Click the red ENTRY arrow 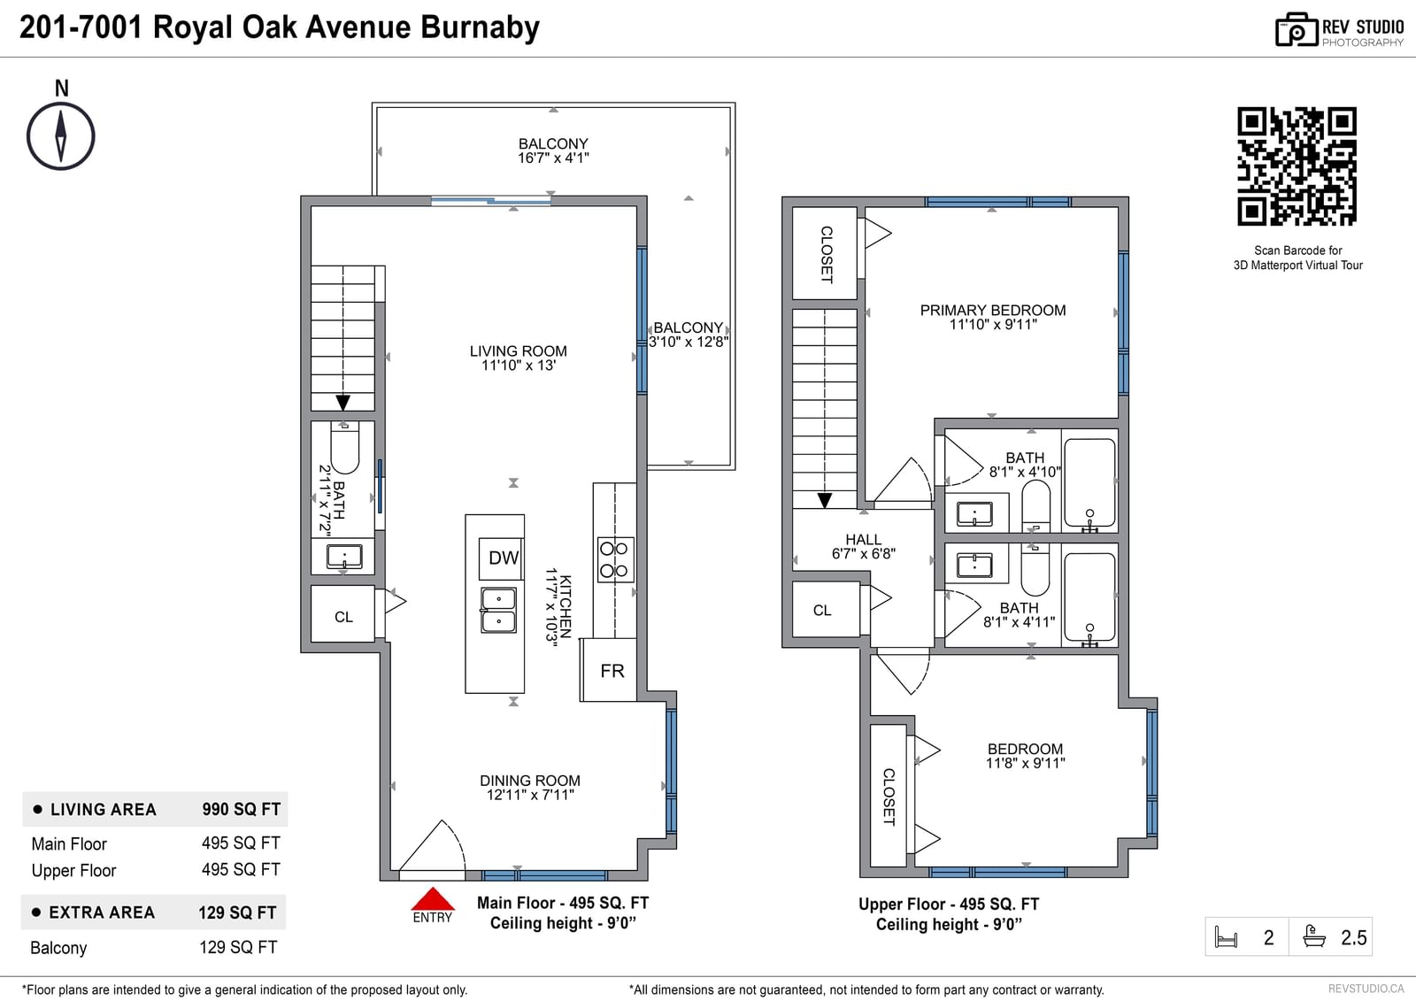pyautogui.click(x=433, y=898)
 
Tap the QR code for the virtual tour pyautogui.click(x=1297, y=166)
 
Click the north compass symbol pyautogui.click(x=61, y=136)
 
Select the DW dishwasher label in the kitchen pyautogui.click(x=504, y=558)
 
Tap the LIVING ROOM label pyautogui.click(x=519, y=351)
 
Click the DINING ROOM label pyautogui.click(x=530, y=781)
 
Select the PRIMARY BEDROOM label pyautogui.click(x=992, y=310)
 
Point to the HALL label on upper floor pyautogui.click(x=863, y=539)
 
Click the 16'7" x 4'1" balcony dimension pyautogui.click(x=553, y=158)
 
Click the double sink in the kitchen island pyautogui.click(x=498, y=610)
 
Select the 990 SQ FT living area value pyautogui.click(x=241, y=810)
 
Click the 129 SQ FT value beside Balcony pyautogui.click(x=238, y=947)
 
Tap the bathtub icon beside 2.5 pyautogui.click(x=1314, y=936)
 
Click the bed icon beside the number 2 pyautogui.click(x=1226, y=936)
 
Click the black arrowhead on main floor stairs pyautogui.click(x=342, y=403)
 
